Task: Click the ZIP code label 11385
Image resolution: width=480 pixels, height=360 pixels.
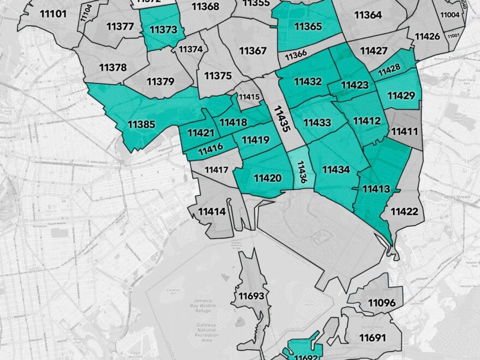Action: click(142, 124)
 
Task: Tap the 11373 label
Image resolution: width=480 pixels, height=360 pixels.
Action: click(163, 29)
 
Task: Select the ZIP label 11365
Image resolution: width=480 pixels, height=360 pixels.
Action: click(308, 26)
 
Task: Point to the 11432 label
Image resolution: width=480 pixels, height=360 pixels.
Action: click(308, 82)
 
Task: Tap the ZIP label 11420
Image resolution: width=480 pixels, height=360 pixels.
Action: click(267, 178)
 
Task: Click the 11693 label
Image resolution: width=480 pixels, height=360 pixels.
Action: click(251, 296)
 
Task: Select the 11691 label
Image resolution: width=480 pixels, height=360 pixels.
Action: click(373, 338)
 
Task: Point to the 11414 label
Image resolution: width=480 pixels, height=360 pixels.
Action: click(212, 211)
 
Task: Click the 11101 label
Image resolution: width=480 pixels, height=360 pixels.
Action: click(52, 13)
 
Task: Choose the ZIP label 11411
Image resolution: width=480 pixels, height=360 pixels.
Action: click(404, 131)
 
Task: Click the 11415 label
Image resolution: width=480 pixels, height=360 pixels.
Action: click(249, 97)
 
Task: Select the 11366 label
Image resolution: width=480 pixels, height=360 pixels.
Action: click(296, 55)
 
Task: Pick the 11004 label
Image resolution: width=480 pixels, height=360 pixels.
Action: click(449, 15)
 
